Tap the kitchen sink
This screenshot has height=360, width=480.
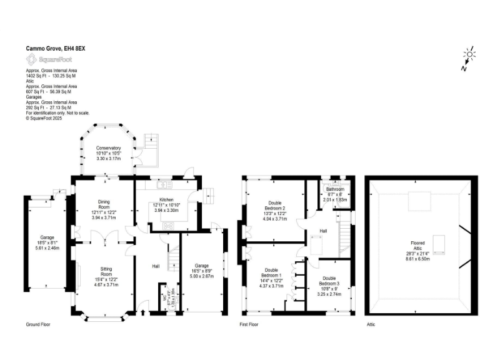pyautogui.click(x=166, y=184)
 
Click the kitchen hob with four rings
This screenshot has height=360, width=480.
pyautogui.click(x=167, y=226)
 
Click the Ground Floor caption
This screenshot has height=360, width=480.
pyautogui.click(x=37, y=325)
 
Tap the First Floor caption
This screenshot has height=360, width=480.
pyautogui.click(x=250, y=325)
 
